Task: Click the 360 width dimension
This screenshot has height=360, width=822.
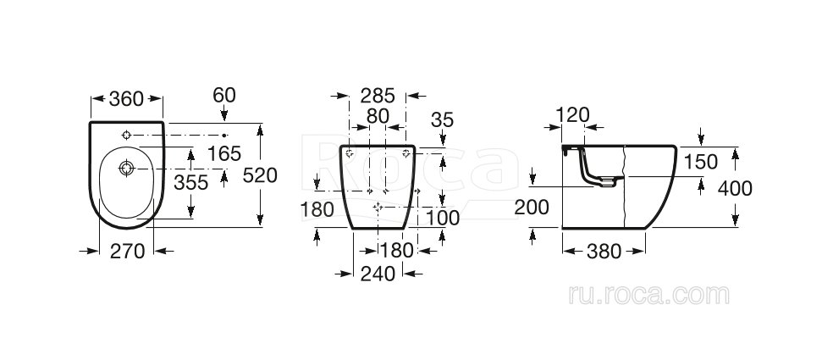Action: coord(126,98)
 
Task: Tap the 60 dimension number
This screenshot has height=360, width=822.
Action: coord(224,95)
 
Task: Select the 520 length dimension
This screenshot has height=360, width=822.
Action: coord(260,176)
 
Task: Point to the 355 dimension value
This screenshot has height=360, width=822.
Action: coord(191,183)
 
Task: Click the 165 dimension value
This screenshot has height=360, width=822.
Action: coord(223,154)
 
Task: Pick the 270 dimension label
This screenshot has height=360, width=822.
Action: coord(127,252)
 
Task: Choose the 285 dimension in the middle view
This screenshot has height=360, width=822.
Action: coord(378,96)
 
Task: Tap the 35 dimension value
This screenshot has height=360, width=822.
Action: coord(442,120)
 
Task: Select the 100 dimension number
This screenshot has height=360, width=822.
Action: coord(442,218)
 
